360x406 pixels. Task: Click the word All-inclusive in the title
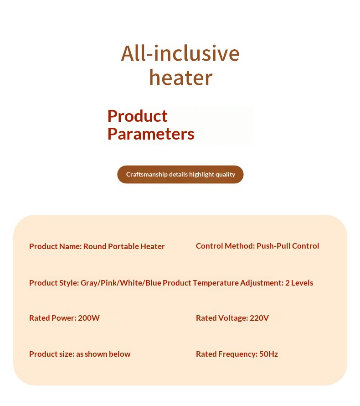tap(180, 53)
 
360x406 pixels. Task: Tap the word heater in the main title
tap(181, 78)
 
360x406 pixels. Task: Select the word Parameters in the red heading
tap(151, 134)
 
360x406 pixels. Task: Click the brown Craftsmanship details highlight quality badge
tap(180, 174)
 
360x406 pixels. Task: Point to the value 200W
tap(89, 318)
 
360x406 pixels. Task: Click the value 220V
tap(259, 318)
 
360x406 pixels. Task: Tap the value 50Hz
tap(268, 354)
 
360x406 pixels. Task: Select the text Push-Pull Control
tap(288, 246)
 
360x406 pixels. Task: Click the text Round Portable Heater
tap(124, 246)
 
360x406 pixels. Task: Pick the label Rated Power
tap(52, 318)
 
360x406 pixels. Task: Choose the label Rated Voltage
tap(221, 318)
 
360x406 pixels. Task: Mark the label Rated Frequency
tap(226, 354)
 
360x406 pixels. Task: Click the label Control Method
tap(225, 246)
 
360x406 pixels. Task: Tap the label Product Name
tap(55, 246)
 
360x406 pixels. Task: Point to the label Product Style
tap(54, 283)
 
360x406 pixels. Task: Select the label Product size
tap(52, 354)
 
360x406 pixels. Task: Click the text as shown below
tap(103, 354)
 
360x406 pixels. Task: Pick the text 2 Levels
tap(299, 283)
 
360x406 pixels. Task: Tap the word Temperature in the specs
tap(216, 283)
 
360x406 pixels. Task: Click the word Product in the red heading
tap(138, 116)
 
